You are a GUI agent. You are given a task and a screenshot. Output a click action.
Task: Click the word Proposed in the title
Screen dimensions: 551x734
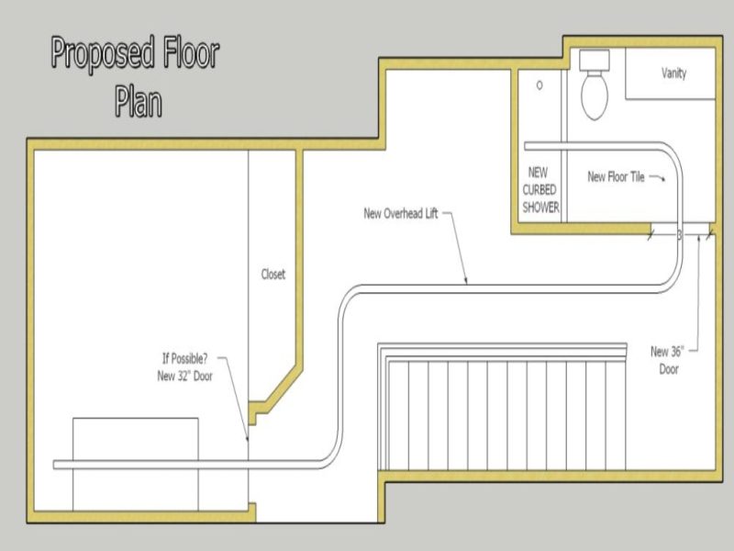tap(100, 54)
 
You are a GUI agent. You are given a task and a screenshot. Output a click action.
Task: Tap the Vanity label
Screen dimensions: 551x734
tap(673, 73)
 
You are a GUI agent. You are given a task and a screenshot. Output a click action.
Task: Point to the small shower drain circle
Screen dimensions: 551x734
tap(539, 84)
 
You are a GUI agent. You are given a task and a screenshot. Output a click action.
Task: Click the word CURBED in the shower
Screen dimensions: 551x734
tap(540, 189)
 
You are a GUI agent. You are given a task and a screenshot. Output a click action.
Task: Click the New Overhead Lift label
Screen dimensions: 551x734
tap(401, 214)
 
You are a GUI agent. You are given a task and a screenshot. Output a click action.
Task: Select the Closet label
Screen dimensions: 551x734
tap(273, 275)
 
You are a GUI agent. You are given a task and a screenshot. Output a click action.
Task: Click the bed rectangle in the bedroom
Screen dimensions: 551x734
tap(135, 464)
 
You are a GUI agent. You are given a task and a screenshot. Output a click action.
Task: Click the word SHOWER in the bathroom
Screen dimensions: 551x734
tap(540, 208)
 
